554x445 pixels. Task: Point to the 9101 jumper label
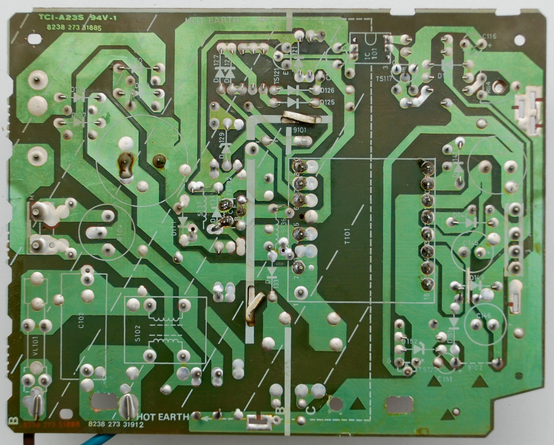pyautogui.click(x=300, y=130)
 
